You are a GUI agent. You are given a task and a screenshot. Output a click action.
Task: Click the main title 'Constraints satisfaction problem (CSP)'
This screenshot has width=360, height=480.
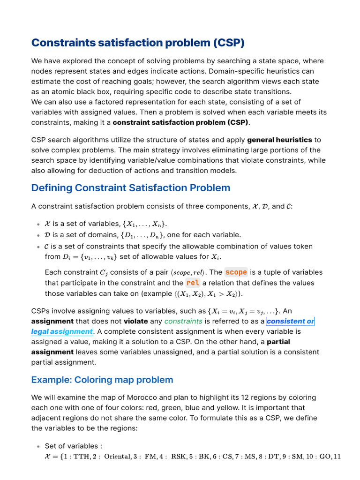tap(138, 43)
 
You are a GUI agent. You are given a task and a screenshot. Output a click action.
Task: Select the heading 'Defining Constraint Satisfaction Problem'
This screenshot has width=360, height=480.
tap(131, 188)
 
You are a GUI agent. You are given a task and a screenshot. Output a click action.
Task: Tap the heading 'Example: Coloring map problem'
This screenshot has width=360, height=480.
tap(102, 380)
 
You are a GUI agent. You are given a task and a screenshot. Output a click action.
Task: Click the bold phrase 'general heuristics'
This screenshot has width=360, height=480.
tap(279, 140)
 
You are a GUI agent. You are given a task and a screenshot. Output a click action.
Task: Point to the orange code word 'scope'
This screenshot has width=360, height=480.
tap(236, 272)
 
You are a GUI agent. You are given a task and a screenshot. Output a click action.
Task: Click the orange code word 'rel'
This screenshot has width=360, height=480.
tap(192, 283)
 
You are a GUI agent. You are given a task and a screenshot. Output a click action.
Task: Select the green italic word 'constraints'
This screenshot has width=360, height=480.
tap(183, 321)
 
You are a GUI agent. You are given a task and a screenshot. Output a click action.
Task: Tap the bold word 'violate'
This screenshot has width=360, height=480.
tap(135, 321)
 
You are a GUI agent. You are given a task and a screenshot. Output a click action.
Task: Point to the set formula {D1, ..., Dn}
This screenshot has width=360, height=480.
tap(142, 235)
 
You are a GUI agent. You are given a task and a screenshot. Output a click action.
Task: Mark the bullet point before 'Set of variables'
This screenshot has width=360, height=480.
tap(37, 446)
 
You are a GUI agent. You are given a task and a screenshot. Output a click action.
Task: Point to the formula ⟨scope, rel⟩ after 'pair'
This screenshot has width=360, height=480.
tap(188, 272)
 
